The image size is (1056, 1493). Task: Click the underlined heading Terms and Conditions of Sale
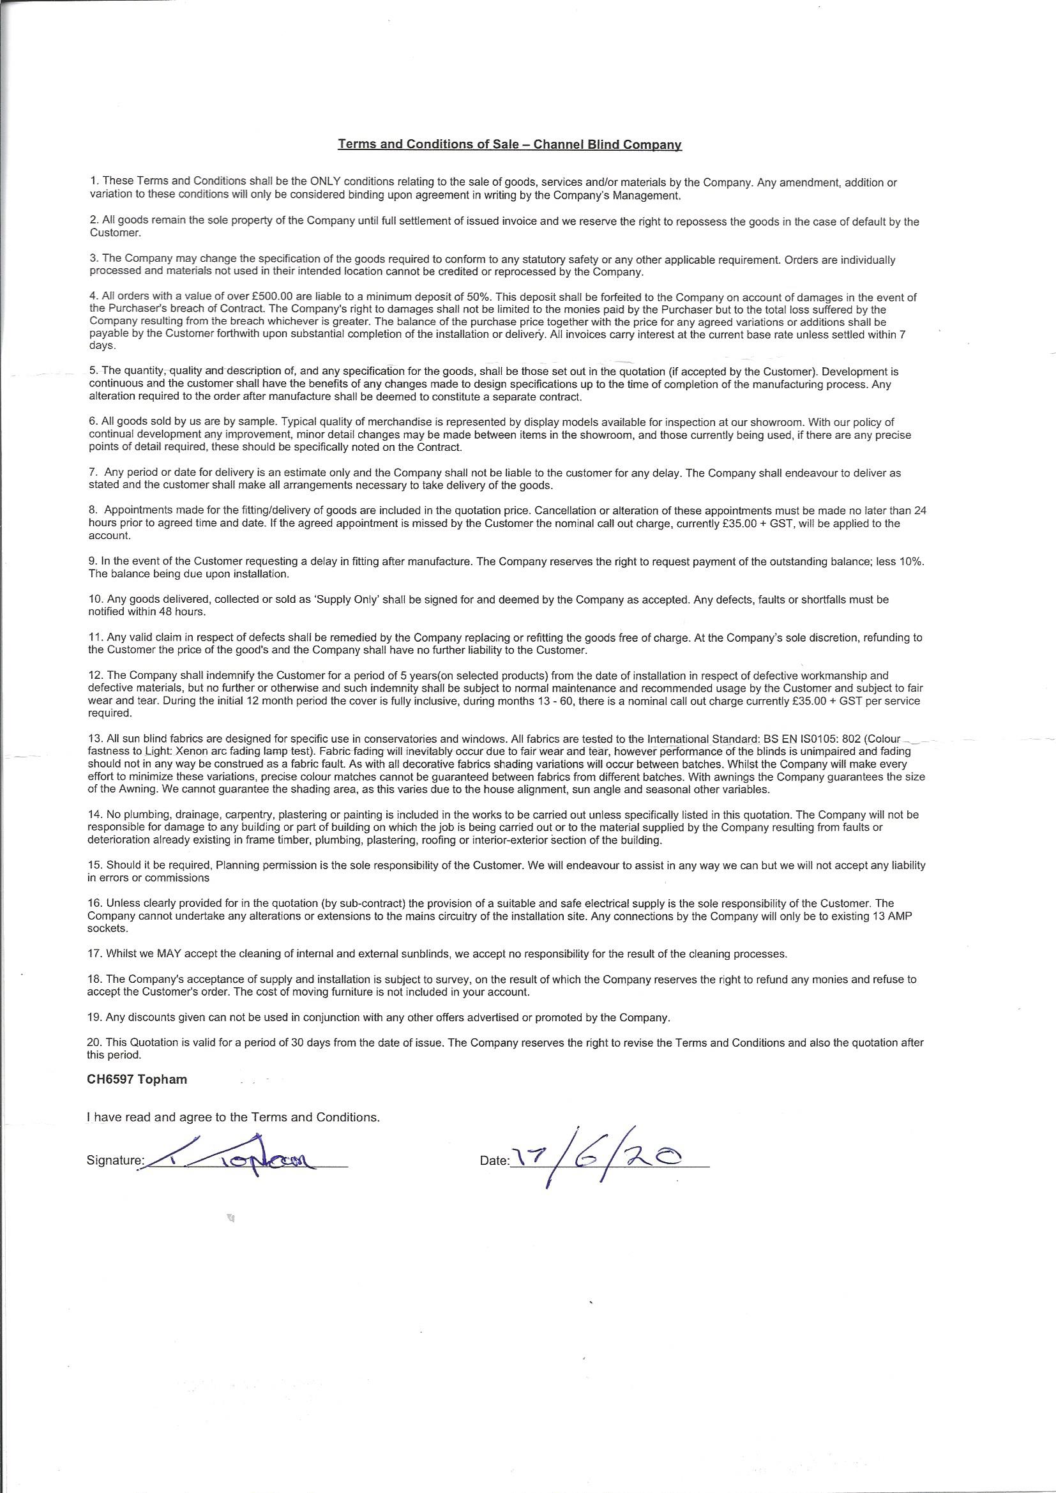pos(509,144)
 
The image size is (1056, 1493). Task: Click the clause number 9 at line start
pos(92,562)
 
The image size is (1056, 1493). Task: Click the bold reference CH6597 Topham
pos(137,1079)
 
